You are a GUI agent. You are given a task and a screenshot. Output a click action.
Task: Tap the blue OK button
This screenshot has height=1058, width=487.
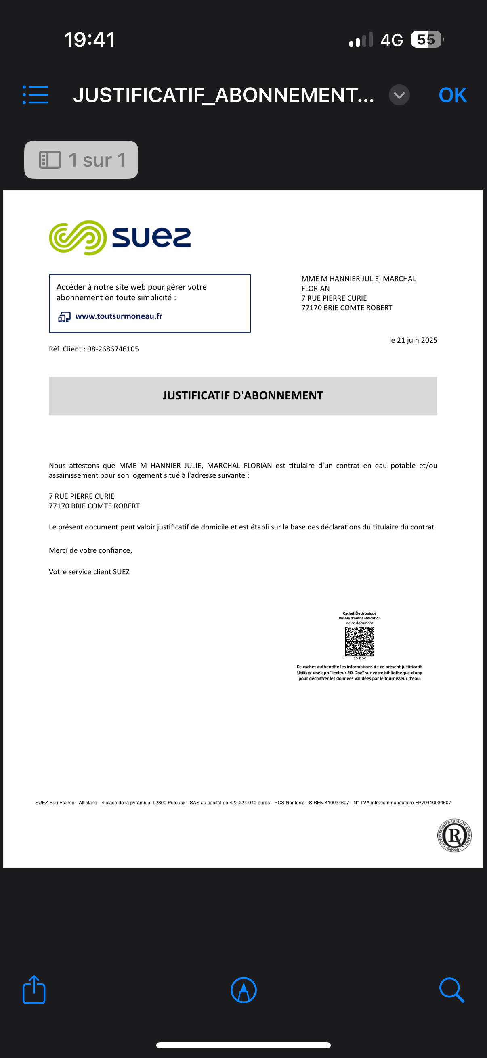(x=453, y=95)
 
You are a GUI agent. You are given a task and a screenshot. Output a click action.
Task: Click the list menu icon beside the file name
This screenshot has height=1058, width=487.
(x=36, y=95)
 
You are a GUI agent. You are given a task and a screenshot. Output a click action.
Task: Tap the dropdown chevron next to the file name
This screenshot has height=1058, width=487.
(x=399, y=95)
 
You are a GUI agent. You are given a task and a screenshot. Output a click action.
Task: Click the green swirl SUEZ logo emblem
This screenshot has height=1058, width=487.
(x=78, y=238)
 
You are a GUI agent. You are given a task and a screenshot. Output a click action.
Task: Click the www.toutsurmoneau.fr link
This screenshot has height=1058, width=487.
(x=119, y=316)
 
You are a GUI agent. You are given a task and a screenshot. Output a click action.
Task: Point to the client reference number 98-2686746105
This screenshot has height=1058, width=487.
(x=113, y=349)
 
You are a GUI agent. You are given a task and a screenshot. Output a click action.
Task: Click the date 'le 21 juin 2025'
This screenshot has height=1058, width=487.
(x=413, y=340)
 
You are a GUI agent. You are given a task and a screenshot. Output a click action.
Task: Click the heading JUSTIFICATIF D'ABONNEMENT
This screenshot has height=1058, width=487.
(x=242, y=395)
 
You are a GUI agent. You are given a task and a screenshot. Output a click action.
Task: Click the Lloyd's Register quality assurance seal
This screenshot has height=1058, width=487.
(x=454, y=835)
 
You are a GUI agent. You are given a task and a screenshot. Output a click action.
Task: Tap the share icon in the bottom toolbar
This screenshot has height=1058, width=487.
(x=34, y=989)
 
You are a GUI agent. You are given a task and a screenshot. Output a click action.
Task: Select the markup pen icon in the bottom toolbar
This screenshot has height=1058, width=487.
(x=244, y=990)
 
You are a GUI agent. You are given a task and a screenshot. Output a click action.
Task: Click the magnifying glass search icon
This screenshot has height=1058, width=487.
(x=451, y=990)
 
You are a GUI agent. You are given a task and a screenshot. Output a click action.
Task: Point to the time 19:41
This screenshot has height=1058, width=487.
(x=90, y=40)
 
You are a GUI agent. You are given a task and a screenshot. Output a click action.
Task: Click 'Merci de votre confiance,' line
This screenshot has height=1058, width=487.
(x=90, y=550)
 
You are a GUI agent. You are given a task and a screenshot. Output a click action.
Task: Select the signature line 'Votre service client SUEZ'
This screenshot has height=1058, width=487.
(x=89, y=572)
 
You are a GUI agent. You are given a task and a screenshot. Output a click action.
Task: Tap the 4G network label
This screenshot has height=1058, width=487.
(x=391, y=40)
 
